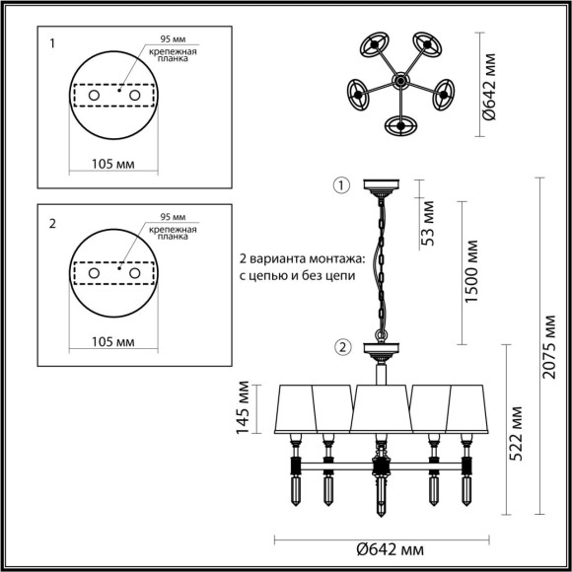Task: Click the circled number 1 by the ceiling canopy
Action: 341,184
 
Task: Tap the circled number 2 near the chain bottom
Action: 341,346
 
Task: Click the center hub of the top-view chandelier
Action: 401,79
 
